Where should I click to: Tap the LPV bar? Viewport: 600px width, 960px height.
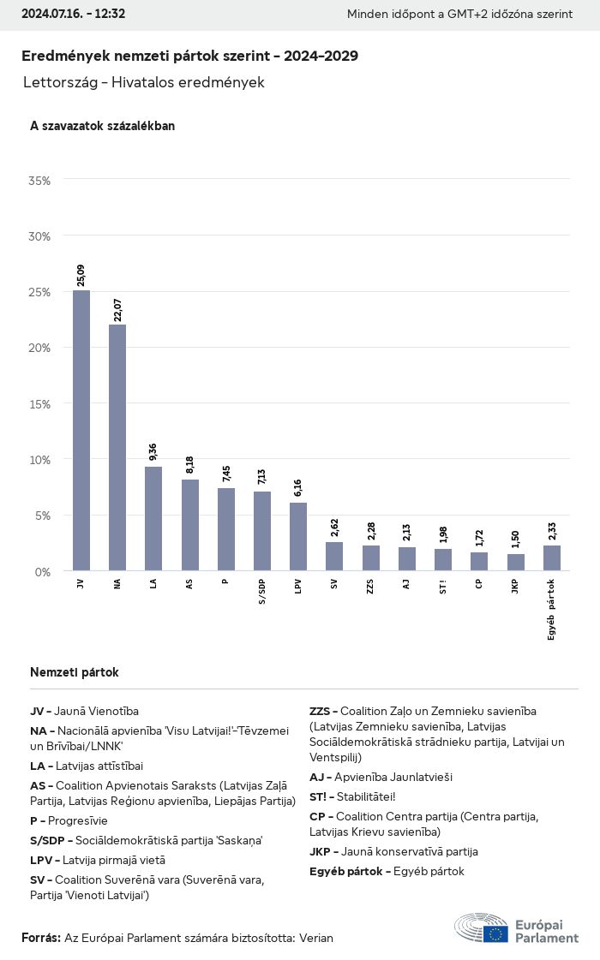tap(298, 536)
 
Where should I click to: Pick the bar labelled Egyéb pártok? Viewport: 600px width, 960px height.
tap(552, 558)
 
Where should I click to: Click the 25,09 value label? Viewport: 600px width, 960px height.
tap(81, 276)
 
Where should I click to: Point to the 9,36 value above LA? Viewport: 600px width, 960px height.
tap(153, 452)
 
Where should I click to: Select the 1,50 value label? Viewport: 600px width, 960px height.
tap(516, 540)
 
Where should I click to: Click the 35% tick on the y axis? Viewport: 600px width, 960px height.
tap(39, 181)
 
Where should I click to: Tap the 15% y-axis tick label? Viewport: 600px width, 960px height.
tap(39, 403)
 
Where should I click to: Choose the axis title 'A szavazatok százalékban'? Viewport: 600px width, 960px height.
tap(102, 126)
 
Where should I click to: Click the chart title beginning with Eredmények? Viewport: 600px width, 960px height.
tap(189, 56)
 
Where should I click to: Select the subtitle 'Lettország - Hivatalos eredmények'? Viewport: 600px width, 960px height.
tap(144, 83)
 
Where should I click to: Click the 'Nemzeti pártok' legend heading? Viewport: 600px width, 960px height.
tap(75, 672)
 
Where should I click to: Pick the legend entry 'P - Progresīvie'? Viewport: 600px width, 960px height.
tap(69, 820)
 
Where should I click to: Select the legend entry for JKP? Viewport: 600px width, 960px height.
tap(393, 851)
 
